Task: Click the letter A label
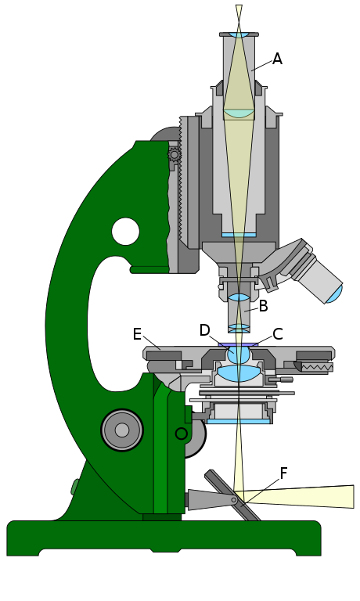[x=277, y=59]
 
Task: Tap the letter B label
[x=263, y=306]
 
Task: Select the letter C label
[x=278, y=334]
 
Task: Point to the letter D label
[x=205, y=330]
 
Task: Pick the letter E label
[x=137, y=334]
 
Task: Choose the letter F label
[x=283, y=473]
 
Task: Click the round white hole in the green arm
[x=125, y=232]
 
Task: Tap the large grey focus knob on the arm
[x=122, y=430]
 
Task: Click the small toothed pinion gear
[x=175, y=154]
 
